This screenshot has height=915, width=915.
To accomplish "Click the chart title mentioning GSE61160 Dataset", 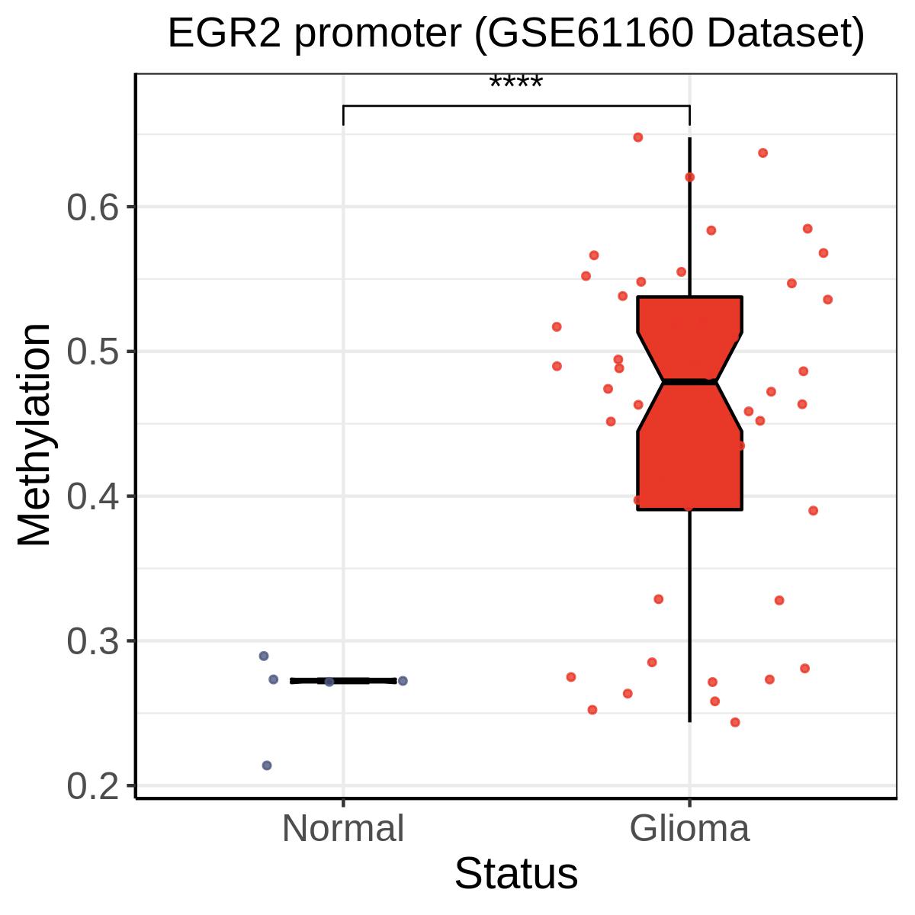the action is pos(516,34).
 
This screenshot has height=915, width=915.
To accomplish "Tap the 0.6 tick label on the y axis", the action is pos(92,207).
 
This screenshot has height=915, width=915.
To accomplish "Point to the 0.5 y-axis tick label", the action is pos(92,352).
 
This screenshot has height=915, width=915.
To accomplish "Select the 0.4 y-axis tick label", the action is pos(92,497).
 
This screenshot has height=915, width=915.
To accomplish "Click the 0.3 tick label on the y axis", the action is pos(92,642).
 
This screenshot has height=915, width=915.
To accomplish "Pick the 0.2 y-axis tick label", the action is pos(92,787).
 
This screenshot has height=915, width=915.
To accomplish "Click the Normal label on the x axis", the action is pos(343,829).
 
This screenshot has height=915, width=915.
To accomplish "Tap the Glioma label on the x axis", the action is pos(689,829).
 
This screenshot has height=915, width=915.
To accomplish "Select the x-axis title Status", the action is pos(516,874).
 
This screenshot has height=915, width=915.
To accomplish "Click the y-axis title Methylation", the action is pos(34,435).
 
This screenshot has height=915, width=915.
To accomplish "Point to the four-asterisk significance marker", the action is pos(515,82).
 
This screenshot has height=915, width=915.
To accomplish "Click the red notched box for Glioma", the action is pos(689,403).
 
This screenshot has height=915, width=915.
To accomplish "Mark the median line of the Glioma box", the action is pos(689,381).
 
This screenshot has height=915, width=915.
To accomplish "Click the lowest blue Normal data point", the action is pos(267,766).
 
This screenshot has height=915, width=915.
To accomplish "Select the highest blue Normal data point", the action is pos(264,656).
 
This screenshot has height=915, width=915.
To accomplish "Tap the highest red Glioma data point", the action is pos(638,137).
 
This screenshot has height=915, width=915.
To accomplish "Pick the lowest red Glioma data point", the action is pos(735,722).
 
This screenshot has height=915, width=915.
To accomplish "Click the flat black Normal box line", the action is pos(343,681).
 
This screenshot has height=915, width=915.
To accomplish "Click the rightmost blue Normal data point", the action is pos(403,681).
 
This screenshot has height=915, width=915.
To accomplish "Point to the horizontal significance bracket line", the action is pos(516,106).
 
